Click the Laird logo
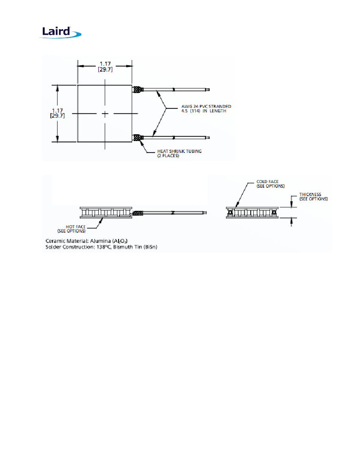(x=61, y=32)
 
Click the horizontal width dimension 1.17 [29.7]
(x=105, y=67)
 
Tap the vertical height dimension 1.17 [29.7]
(x=57, y=113)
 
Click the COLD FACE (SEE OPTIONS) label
(x=271, y=184)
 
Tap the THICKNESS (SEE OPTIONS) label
(x=313, y=197)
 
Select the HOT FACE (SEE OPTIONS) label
(x=72, y=229)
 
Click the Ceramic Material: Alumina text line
(x=87, y=241)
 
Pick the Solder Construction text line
(x=101, y=247)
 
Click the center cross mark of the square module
(x=105, y=114)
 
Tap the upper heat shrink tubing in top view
(x=138, y=89)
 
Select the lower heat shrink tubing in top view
(x=138, y=138)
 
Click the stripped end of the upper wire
(x=208, y=89)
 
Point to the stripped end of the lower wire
(x=208, y=138)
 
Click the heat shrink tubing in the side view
(x=138, y=213)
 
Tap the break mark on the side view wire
(x=172, y=213)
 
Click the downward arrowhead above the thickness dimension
(x=291, y=205)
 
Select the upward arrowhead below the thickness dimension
(x=291, y=221)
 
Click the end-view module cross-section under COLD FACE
(x=252, y=213)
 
